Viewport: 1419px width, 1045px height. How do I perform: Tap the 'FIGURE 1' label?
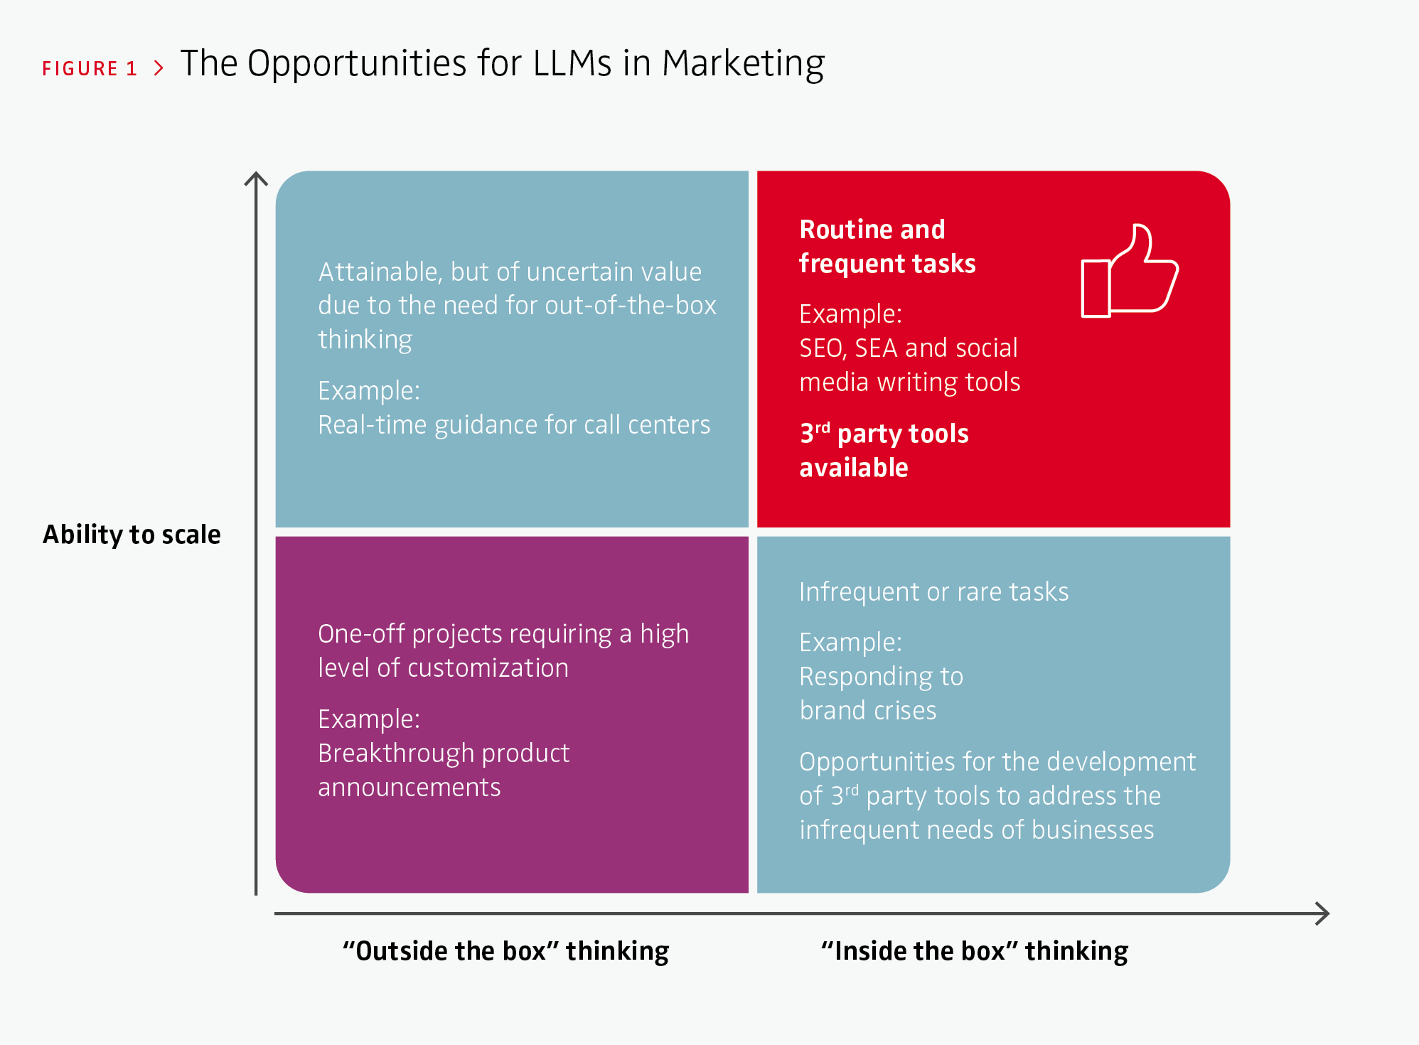tap(90, 68)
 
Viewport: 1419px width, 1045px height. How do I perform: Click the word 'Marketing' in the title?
tap(743, 64)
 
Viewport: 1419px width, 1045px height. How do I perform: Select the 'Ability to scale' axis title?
tap(132, 534)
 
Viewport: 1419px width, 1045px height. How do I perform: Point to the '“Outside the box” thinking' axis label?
tap(505, 951)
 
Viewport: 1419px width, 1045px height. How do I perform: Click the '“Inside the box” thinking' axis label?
tap(974, 951)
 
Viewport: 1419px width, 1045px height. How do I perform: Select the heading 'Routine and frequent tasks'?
tap(887, 246)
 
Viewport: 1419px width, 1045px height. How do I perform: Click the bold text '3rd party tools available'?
tap(884, 450)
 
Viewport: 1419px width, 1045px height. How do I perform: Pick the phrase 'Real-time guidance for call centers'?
tap(514, 424)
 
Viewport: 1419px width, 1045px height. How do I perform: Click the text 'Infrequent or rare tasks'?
tap(933, 591)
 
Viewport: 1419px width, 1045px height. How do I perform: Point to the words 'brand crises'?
tap(868, 710)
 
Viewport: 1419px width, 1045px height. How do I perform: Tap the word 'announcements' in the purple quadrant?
tap(409, 787)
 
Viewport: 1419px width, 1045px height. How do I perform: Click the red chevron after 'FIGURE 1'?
tap(159, 68)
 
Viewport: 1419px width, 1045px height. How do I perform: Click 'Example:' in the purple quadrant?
tap(369, 719)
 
